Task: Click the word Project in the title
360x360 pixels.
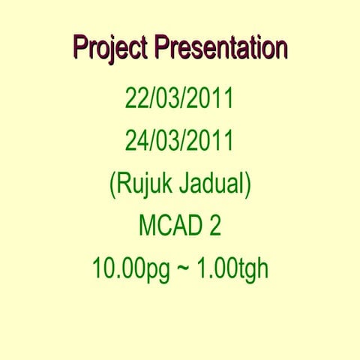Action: click(x=110, y=48)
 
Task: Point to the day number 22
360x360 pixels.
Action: click(x=137, y=98)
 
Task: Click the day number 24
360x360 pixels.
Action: click(x=137, y=140)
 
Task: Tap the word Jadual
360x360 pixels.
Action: click(x=211, y=183)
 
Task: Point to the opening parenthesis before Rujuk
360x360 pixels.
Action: click(x=113, y=184)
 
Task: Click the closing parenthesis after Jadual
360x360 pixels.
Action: click(x=246, y=184)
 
